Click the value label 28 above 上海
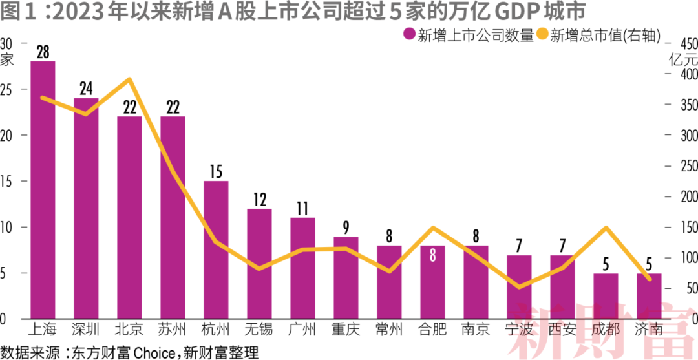pos(43,52)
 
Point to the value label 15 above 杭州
pos(216,172)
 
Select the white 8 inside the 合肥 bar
pos(432,255)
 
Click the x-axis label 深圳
pos(86,330)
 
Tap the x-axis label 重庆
pos(346,330)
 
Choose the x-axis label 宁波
pos(519,330)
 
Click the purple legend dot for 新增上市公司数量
pos(408,36)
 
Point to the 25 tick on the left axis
pos(6,89)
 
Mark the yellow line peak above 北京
pos(129,79)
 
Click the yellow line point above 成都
pos(606,228)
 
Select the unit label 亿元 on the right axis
pos(683,59)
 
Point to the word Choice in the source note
pos(149,352)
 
